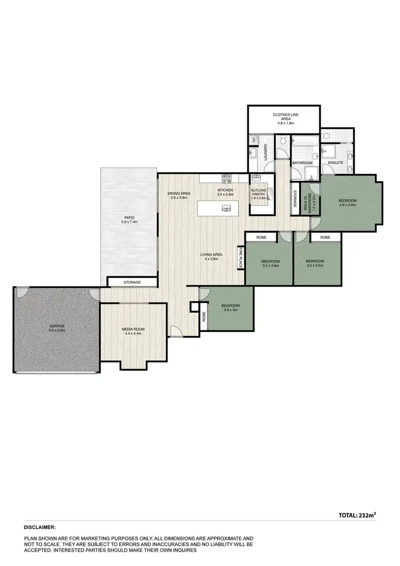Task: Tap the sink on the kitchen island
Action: [x=226, y=208]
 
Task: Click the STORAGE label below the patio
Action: [x=132, y=282]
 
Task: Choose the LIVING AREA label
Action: [x=211, y=255]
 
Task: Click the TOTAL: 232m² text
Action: [x=357, y=515]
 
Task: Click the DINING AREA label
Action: [x=179, y=193]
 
